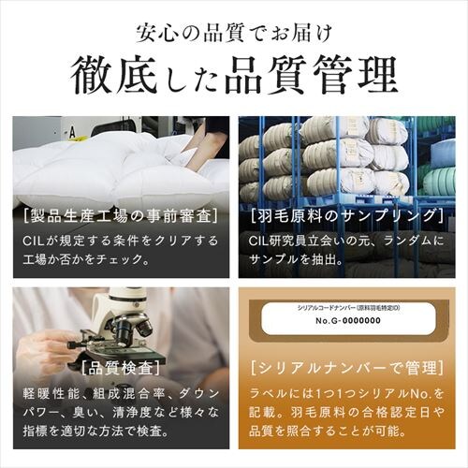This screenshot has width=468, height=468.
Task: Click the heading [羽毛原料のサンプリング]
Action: pos(346,217)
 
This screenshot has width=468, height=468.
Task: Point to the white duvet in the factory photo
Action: pos(140,164)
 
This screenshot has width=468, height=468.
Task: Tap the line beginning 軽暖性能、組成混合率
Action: pos(116,390)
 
